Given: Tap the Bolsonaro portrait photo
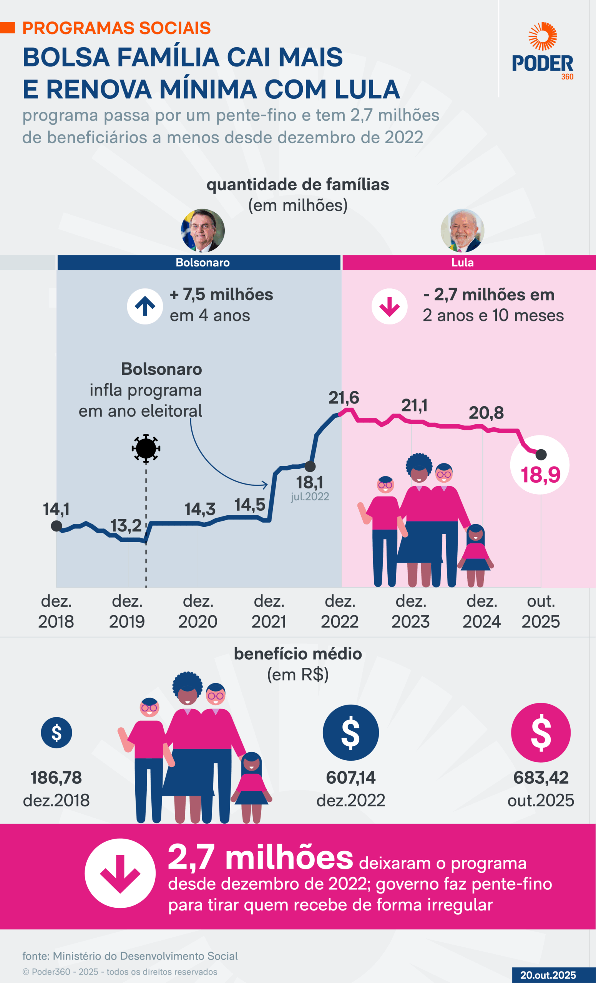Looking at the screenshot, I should (x=203, y=231).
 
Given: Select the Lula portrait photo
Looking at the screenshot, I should (x=462, y=231).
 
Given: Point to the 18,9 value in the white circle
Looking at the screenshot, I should (x=540, y=475).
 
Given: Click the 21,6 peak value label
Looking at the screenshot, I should (x=344, y=398).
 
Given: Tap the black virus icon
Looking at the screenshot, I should (x=146, y=448).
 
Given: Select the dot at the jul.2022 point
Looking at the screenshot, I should (x=310, y=466).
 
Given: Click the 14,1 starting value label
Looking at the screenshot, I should (x=56, y=509).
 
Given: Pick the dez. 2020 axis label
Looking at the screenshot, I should (x=198, y=611).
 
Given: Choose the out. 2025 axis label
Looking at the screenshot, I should (x=541, y=611).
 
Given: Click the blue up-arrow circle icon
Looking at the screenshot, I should (x=145, y=306).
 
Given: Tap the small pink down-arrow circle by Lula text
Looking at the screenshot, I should (x=389, y=306).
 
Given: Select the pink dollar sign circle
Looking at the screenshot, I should (x=541, y=733).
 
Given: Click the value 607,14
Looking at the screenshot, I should (x=350, y=778).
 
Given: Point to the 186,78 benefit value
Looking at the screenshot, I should (x=56, y=778).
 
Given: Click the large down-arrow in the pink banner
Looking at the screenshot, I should (x=120, y=873).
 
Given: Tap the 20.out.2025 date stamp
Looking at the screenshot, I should (x=548, y=975).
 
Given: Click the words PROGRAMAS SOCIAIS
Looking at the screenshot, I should (x=116, y=28).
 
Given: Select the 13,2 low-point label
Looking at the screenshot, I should (x=126, y=526).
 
